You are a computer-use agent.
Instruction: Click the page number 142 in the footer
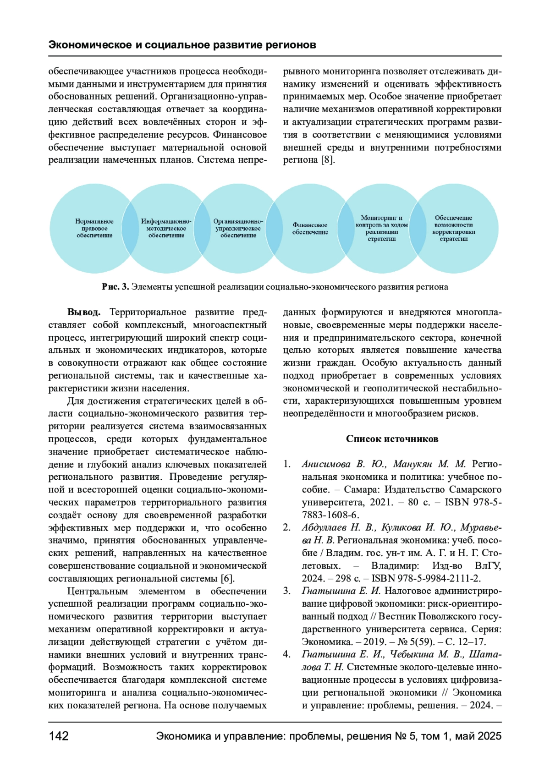59,736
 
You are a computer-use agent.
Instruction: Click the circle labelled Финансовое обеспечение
310,229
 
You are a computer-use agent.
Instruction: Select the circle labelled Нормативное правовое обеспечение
94,228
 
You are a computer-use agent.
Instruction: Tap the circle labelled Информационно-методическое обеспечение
166,228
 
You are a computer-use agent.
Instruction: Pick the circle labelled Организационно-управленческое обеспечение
238,228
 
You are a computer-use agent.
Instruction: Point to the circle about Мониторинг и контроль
382,228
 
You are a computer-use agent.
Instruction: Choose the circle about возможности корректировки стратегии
454,228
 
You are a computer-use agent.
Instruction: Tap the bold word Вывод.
83,312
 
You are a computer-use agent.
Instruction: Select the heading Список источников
392,439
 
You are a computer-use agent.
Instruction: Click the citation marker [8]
328,160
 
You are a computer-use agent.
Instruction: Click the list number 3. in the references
287,591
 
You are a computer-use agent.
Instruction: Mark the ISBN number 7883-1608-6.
330,515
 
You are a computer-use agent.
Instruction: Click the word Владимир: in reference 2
395,566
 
